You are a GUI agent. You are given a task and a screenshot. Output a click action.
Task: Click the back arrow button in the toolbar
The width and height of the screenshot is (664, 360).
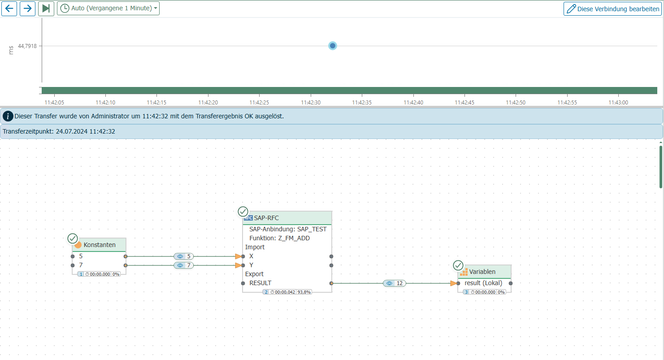coord(9,9)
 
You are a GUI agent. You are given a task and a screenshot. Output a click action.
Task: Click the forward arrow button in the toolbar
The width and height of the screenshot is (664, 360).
coord(27,9)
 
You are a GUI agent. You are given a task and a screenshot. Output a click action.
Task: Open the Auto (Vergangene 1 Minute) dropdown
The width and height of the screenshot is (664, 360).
coord(108,9)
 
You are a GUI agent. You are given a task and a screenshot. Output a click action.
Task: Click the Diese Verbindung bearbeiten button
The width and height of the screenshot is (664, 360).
coord(613,9)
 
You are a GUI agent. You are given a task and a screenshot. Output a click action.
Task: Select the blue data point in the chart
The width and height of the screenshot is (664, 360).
coord(333,46)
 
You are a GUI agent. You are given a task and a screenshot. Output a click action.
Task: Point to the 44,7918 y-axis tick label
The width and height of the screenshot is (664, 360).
coord(27,46)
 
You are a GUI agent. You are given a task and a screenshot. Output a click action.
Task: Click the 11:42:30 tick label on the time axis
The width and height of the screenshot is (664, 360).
coord(311,103)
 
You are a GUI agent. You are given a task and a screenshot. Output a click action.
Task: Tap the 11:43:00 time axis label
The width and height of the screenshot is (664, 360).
coord(618,103)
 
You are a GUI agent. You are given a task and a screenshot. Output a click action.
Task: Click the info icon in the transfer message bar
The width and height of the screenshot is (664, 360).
coord(8,116)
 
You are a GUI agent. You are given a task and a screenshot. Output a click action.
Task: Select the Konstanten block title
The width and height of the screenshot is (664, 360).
coord(100,245)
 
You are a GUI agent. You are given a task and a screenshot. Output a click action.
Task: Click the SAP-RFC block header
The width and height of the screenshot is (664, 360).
coord(287,218)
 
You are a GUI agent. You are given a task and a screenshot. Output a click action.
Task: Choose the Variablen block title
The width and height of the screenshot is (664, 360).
coord(482,272)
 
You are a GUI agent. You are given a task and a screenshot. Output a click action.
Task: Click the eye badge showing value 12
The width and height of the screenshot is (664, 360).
coord(394,283)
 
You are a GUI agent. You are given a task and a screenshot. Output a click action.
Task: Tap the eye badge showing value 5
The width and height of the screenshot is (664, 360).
coord(183,256)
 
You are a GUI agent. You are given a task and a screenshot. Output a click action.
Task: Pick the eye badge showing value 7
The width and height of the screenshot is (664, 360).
coord(183,265)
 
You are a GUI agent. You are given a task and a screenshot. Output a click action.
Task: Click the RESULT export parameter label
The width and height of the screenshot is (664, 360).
coord(260,283)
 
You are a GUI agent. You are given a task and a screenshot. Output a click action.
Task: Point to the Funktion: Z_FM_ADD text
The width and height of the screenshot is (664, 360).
coord(279,238)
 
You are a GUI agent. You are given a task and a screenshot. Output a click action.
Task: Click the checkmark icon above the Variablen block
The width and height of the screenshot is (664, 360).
coord(458,265)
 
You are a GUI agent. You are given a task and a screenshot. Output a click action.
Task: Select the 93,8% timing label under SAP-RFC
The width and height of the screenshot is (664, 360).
coord(304,292)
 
